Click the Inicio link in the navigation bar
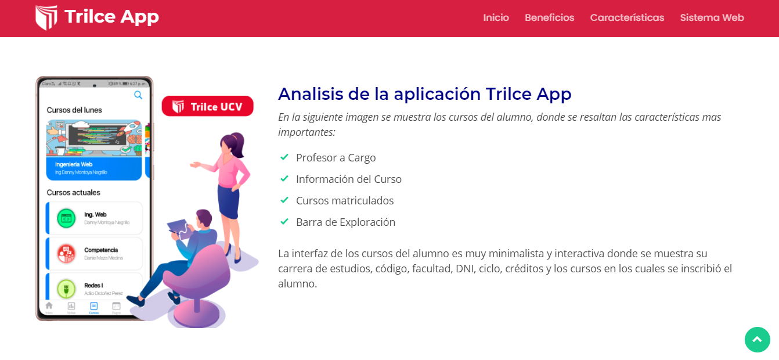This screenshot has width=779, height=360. point(496,18)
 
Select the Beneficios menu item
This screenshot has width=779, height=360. point(549,18)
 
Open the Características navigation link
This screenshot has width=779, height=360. point(627,18)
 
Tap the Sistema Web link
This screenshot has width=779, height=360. point(712,18)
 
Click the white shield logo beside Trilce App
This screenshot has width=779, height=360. point(46,17)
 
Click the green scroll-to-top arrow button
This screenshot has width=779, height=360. point(757,340)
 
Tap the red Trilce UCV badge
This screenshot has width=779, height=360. point(207,106)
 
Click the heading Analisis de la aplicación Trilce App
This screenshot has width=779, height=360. point(424,94)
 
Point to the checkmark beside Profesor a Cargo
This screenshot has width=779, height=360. point(284,157)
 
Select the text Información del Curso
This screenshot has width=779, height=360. point(348,179)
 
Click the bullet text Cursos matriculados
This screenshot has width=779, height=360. point(344,201)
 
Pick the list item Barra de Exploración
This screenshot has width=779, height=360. point(345,222)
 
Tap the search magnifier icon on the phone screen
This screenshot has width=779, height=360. point(138,95)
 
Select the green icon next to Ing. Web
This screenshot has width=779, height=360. point(66,218)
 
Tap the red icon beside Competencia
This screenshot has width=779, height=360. point(66,254)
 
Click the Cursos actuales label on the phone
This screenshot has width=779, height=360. point(74,192)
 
